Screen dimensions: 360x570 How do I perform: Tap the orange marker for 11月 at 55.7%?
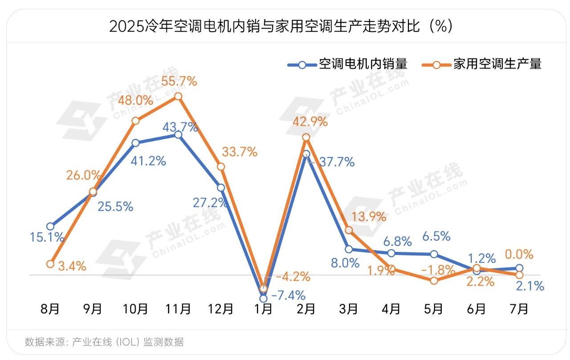click(178, 96)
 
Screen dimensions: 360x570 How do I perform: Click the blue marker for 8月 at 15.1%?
click(50, 227)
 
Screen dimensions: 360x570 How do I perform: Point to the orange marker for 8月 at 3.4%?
click(50, 264)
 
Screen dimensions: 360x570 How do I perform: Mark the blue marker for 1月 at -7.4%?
click(263, 298)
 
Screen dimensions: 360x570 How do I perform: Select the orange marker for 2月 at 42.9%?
click(306, 137)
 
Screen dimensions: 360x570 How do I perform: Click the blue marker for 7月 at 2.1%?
click(519, 268)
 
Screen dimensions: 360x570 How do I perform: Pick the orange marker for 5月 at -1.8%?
click(434, 281)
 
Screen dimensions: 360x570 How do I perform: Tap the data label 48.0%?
click(135, 101)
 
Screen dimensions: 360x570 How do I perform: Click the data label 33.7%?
click(240, 152)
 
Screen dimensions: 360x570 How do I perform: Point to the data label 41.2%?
click(148, 161)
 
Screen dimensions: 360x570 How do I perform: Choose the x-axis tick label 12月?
click(221, 308)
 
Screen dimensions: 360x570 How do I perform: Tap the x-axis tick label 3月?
click(349, 308)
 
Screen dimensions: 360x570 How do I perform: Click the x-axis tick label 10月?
click(135, 308)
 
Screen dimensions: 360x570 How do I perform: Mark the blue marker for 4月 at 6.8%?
click(391, 253)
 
